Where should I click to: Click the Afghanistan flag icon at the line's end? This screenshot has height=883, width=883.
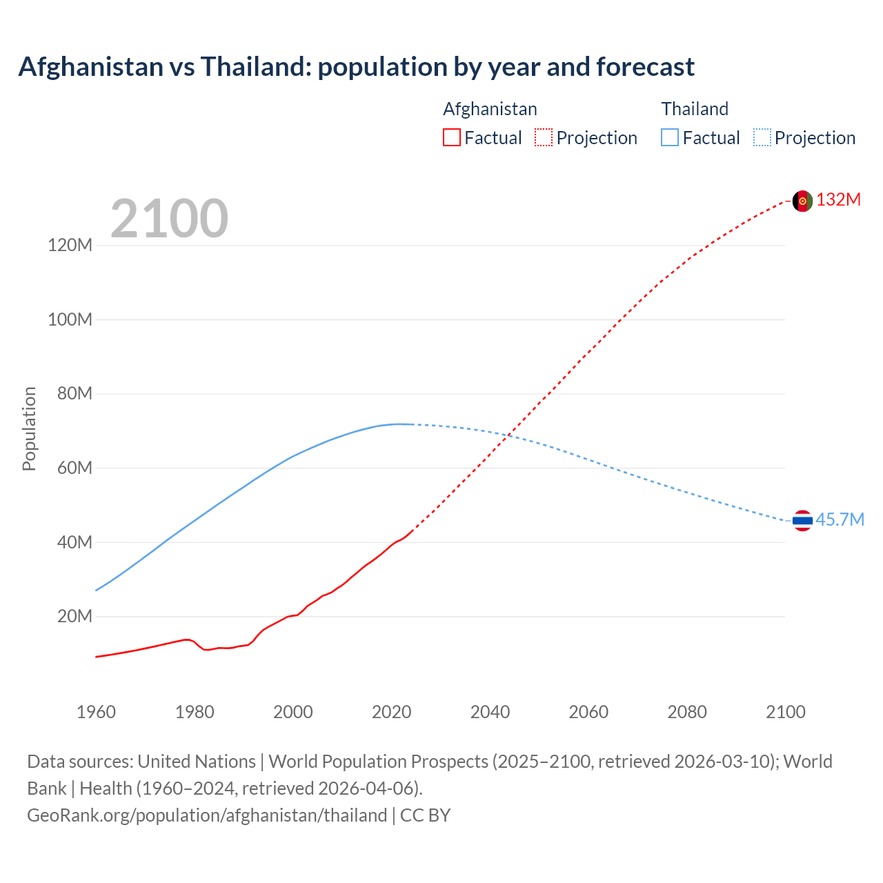point(802,201)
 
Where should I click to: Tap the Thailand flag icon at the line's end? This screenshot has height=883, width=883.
point(802,521)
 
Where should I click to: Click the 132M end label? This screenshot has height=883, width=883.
point(838,200)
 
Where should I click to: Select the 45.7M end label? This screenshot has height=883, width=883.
point(840,520)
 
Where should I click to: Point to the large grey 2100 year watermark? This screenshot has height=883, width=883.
point(169,219)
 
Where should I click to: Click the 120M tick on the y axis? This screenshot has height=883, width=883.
point(70,246)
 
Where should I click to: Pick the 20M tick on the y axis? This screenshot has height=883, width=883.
point(74,617)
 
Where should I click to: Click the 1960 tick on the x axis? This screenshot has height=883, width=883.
point(96,712)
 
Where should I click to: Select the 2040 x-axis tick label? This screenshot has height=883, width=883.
point(490,712)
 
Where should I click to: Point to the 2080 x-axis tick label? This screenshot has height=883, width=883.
point(687,712)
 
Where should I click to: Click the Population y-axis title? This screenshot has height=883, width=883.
point(29,429)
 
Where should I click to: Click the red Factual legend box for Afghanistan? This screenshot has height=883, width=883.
point(451,137)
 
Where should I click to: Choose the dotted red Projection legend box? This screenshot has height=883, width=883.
point(544,137)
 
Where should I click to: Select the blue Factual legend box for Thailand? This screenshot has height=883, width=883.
point(670,137)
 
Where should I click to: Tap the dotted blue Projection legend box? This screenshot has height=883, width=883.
point(762,137)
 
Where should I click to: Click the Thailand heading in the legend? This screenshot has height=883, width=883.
point(695,109)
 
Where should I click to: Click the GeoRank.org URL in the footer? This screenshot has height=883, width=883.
point(207,815)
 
